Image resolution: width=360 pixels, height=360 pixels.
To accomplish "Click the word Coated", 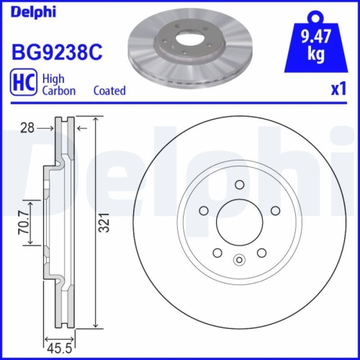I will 109,91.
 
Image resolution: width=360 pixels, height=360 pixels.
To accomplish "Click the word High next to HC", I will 54,78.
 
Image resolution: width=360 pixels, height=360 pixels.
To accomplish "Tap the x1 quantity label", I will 338,91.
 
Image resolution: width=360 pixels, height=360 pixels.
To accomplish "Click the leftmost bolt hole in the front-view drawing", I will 204,211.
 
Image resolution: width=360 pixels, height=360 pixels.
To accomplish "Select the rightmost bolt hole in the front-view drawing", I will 274,211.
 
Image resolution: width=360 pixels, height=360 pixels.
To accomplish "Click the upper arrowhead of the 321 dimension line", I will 96,120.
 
